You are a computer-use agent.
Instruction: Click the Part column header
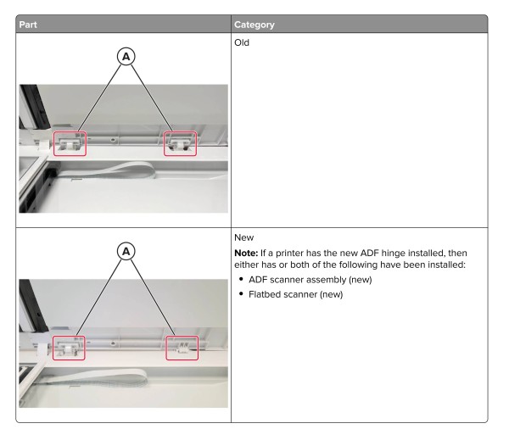pyautogui.click(x=28, y=25)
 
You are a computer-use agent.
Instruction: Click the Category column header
pyautogui.click(x=255, y=25)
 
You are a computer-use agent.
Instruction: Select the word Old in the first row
pyautogui.click(x=242, y=42)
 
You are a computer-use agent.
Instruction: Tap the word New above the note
pyautogui.click(x=243, y=237)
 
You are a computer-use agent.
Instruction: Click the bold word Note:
pyautogui.click(x=246, y=253)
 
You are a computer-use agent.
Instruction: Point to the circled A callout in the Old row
pyautogui.click(x=126, y=57)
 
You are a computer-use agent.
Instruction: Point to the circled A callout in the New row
pyautogui.click(x=126, y=251)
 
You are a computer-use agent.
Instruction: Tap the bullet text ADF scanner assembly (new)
pyautogui.click(x=310, y=280)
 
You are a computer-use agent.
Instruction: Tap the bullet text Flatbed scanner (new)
pyautogui.click(x=296, y=294)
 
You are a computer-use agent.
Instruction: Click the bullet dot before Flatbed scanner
pyautogui.click(x=241, y=293)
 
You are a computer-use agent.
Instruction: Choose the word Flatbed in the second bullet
pyautogui.click(x=262, y=294)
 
